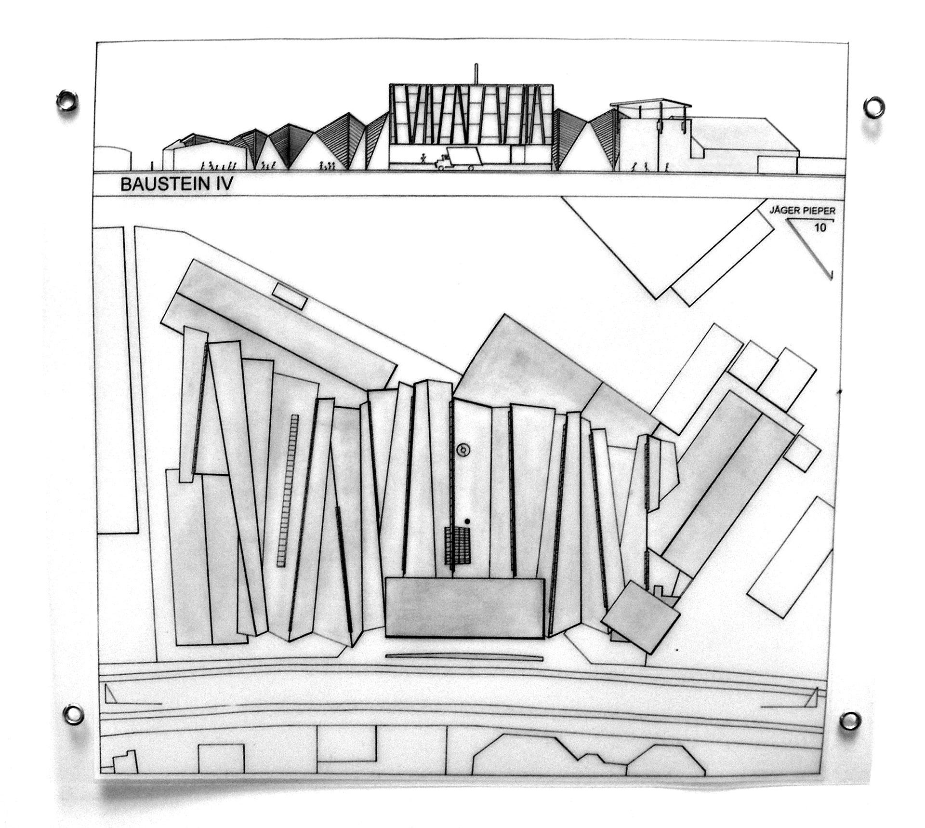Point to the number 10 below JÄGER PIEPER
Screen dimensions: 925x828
(819, 227)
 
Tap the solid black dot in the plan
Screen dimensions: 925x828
(467, 521)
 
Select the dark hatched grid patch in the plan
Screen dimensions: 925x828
(457, 546)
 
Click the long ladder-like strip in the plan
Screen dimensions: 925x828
(288, 490)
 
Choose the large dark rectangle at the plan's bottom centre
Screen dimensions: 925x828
(465, 608)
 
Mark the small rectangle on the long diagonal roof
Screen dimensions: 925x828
(290, 296)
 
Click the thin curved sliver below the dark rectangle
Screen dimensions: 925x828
(464, 657)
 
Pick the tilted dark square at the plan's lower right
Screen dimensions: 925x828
(641, 617)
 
